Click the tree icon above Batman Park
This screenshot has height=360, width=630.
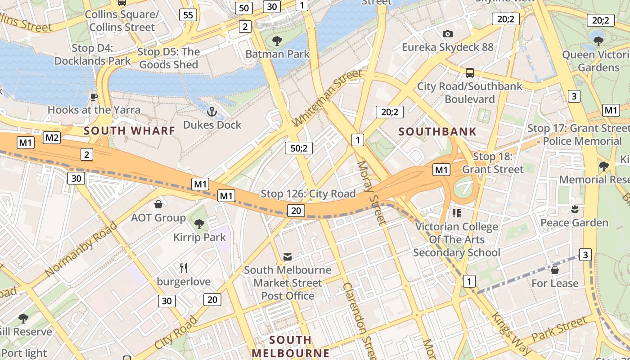coord(277,41)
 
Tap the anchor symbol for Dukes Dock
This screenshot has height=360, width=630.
coord(212,112)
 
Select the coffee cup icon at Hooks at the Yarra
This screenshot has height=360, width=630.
coord(94,97)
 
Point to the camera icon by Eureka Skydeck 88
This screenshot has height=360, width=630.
coord(447,34)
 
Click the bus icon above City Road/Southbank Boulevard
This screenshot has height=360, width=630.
coord(470,73)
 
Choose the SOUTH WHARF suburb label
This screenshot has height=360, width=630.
coord(130,131)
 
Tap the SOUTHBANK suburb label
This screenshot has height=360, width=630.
coord(437,132)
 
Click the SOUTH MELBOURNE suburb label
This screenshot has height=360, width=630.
coord(290,346)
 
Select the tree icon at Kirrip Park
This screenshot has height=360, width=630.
coord(199,224)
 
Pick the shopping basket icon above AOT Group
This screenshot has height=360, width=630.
coord(158,205)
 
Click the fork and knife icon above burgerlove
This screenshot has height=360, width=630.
coord(184,268)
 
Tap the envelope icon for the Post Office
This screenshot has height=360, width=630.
coord(288,257)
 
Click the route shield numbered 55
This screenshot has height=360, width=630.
coord(188,15)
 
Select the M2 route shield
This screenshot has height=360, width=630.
coord(52,137)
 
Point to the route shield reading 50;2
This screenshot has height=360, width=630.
coord(299,148)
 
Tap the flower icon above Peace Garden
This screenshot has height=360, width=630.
coord(574,209)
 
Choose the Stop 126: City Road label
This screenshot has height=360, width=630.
coord(308,194)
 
